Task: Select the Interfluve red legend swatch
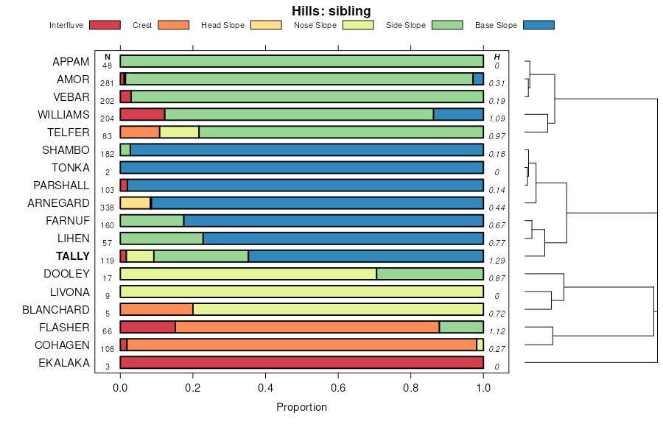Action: [104, 25]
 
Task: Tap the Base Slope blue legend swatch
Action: [539, 25]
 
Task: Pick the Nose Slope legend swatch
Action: [358, 25]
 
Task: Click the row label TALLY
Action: [72, 256]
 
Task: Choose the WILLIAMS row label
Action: [63, 115]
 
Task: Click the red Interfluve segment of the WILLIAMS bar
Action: [142, 114]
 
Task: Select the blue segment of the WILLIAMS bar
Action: [458, 114]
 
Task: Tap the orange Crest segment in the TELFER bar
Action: [140, 133]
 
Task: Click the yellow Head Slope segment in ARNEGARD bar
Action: [135, 203]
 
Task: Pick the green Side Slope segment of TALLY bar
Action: [201, 256]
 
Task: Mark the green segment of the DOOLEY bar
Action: [429, 274]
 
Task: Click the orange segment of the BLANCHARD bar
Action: [156, 309]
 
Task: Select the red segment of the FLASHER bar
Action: [147, 327]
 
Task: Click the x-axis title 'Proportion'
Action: [301, 407]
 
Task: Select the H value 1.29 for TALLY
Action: [497, 261]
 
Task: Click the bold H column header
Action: [497, 57]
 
